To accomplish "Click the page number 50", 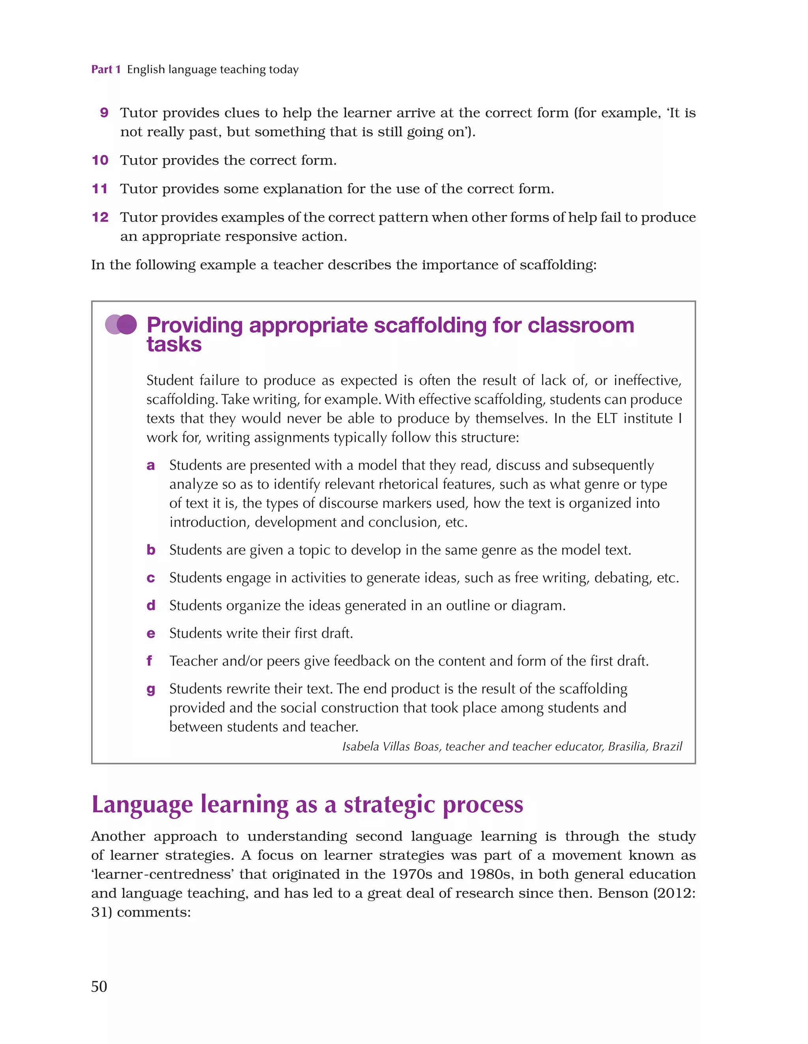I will (99, 986).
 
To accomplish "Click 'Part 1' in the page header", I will (106, 69).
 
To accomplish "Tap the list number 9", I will (104, 113).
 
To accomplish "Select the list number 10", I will (100, 160).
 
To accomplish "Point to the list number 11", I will (100, 189).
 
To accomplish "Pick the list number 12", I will (100, 217).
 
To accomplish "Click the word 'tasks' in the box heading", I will (174, 345).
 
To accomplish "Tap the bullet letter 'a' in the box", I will (151, 466).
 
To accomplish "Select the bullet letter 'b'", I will (151, 550).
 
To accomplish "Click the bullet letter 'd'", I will (151, 606).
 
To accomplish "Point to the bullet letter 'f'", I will (149, 661).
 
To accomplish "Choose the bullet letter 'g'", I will (151, 690).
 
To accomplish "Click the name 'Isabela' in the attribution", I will (361, 747).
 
